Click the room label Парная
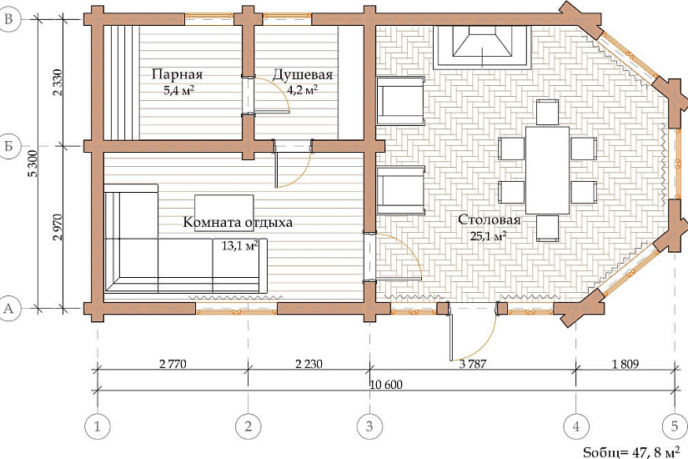[178, 74]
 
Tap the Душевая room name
[303, 74]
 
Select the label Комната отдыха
[238, 222]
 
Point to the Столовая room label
[490, 219]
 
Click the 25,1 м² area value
[489, 236]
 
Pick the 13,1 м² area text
[239, 245]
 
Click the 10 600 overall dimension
[386, 385]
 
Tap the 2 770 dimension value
[173, 364]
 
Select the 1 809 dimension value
[625, 364]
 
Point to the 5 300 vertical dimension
[33, 164]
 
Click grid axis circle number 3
[369, 426]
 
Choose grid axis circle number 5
[675, 426]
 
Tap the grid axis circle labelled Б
[9, 146]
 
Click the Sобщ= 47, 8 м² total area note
[634, 451]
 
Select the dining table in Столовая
[547, 170]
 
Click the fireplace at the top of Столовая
[483, 48]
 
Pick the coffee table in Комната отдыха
[224, 213]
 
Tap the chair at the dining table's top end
[547, 112]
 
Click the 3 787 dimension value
[473, 364]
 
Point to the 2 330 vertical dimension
[58, 83]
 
